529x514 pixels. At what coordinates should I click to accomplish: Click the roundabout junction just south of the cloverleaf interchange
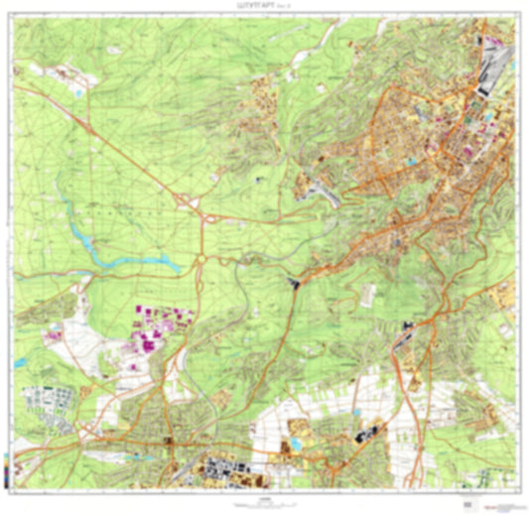point(201,260)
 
